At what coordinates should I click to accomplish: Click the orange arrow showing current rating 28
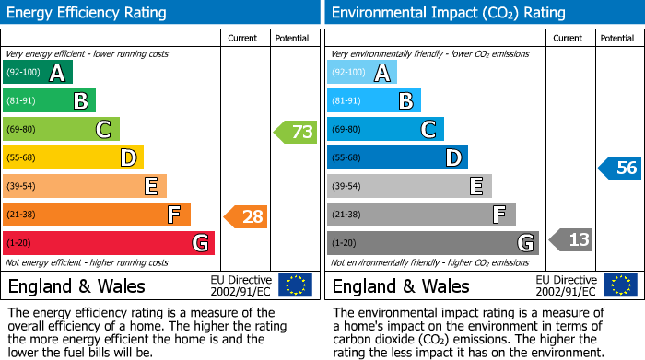[x=246, y=217]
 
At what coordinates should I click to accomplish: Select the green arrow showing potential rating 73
[x=296, y=132]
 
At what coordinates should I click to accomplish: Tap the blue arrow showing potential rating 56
[x=619, y=168]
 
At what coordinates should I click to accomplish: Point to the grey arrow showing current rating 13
[x=570, y=240]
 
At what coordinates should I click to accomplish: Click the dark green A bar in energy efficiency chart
[x=37, y=73]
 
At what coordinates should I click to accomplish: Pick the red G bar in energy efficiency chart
[x=109, y=243]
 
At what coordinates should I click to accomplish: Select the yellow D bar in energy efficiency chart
[x=73, y=158]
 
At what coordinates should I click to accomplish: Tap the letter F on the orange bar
[x=173, y=215]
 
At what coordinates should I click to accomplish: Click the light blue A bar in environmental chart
[x=361, y=73]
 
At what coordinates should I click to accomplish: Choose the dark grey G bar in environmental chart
[x=432, y=243]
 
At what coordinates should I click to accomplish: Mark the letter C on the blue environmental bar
[x=428, y=130]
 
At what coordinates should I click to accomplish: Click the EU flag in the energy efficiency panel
[x=295, y=285]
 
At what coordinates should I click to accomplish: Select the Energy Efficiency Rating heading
[x=88, y=13]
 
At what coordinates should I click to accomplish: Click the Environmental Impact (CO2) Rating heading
[x=448, y=13]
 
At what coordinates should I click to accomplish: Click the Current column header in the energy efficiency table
[x=243, y=38]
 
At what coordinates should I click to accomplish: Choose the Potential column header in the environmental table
[x=617, y=38]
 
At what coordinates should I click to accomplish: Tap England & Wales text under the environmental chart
[x=401, y=285]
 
